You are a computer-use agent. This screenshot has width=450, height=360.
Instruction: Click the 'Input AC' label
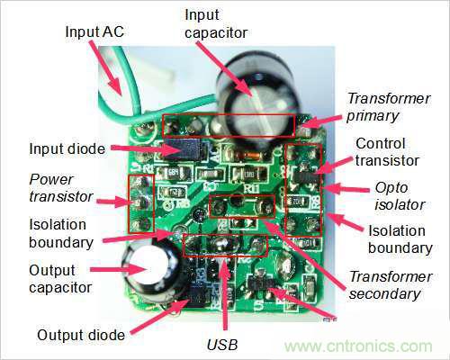[x=94, y=31]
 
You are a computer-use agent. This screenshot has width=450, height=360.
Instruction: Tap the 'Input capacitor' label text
[x=216, y=24]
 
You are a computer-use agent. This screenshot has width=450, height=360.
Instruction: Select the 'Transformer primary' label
[x=389, y=107]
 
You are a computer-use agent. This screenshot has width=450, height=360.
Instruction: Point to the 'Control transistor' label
[x=387, y=152]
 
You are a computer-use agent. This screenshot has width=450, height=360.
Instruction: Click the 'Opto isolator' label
[x=400, y=196]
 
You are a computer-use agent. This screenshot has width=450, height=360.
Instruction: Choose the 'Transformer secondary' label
[x=391, y=285]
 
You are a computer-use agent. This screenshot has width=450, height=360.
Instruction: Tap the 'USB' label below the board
[x=222, y=345]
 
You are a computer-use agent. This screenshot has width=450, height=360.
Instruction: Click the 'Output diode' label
[x=81, y=335]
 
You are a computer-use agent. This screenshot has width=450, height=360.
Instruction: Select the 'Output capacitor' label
[x=60, y=279]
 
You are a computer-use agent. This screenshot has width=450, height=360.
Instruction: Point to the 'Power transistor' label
[x=61, y=188]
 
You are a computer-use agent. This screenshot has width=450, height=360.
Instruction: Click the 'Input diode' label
[x=67, y=149]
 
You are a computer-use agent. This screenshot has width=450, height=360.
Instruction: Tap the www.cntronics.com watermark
[x=358, y=346]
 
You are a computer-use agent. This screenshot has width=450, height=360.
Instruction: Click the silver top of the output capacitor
[x=148, y=267]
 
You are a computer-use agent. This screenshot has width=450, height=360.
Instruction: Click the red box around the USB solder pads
[x=225, y=235]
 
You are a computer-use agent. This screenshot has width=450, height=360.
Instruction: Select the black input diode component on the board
[x=182, y=149]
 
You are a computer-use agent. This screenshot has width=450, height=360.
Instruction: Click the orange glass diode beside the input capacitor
[x=247, y=156]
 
